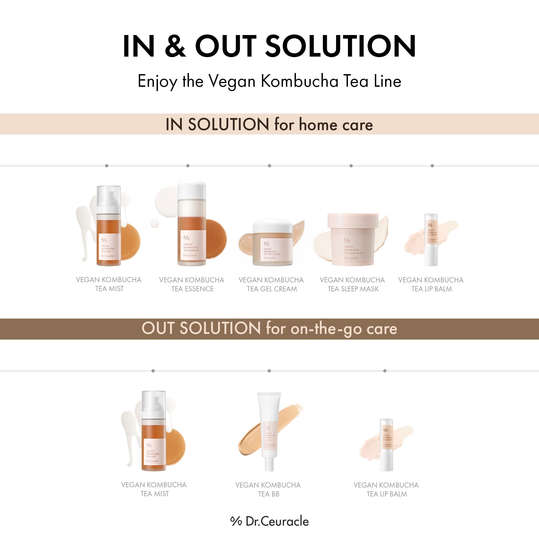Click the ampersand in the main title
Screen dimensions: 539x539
pyautogui.click(x=175, y=46)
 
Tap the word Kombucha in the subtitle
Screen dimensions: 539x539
pyautogui.click(x=299, y=81)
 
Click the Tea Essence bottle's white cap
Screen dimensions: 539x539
pyautogui.click(x=192, y=190)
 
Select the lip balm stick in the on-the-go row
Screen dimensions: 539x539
pyautogui.click(x=386, y=445)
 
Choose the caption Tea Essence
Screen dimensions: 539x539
pyautogui.click(x=192, y=289)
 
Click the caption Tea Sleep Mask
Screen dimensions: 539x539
pyautogui.click(x=353, y=289)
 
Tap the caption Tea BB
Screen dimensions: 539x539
pyautogui.click(x=269, y=494)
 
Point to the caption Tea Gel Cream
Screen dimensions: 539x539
pyautogui.click(x=272, y=289)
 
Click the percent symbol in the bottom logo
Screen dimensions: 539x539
pyautogui.click(x=236, y=521)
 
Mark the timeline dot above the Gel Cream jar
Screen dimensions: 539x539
pyautogui.click(x=269, y=166)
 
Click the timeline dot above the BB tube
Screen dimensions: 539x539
pyautogui.click(x=269, y=371)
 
